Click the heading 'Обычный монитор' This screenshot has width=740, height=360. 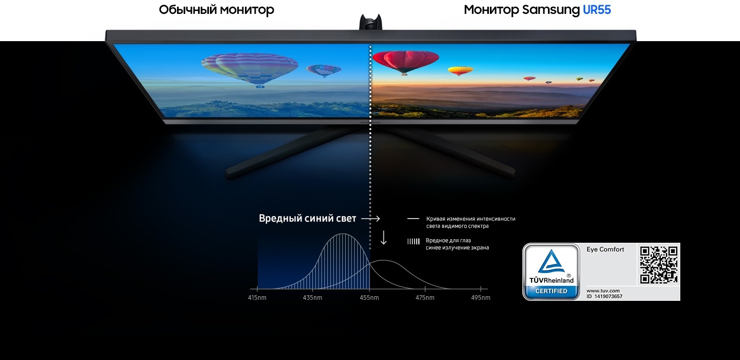216,10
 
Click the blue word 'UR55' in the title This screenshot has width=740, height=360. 596,10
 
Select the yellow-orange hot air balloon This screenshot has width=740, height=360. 460,70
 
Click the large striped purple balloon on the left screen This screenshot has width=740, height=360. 250,70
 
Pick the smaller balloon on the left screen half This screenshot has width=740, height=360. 324,70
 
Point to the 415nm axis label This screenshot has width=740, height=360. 257,298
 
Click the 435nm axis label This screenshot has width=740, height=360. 312,298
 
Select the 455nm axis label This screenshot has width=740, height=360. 369,298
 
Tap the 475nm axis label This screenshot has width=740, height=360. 425,298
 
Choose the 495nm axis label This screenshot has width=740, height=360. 481,298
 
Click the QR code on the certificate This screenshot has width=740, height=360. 658,264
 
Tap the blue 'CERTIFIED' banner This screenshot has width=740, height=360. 551,291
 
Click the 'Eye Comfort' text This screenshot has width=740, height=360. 605,249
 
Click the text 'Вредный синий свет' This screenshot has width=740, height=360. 307,218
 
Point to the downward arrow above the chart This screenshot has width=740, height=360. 383,238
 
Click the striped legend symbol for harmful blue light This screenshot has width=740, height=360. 413,241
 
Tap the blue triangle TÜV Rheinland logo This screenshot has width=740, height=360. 551,261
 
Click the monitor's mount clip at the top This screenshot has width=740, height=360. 371,22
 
